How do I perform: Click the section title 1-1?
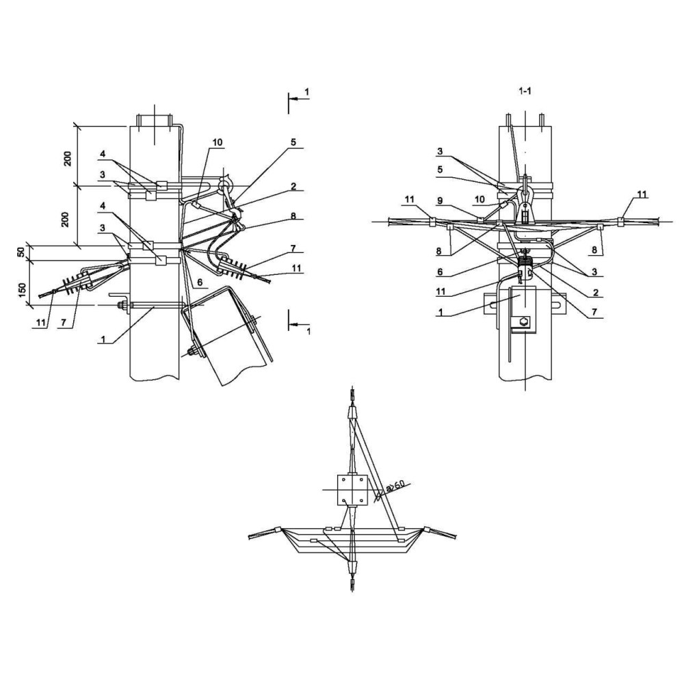525,91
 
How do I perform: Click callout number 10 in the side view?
218,143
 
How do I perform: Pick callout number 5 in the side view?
293,143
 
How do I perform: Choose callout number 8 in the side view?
293,216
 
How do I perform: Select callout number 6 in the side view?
200,282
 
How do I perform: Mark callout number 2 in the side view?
293,186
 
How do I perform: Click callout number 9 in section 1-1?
440,200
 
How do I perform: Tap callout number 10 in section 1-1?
479,199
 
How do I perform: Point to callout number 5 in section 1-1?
440,170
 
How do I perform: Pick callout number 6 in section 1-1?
440,272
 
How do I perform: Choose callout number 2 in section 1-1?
596,292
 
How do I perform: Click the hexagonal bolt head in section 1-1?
525,322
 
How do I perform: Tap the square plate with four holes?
352,490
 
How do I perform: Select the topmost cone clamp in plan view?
352,412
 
